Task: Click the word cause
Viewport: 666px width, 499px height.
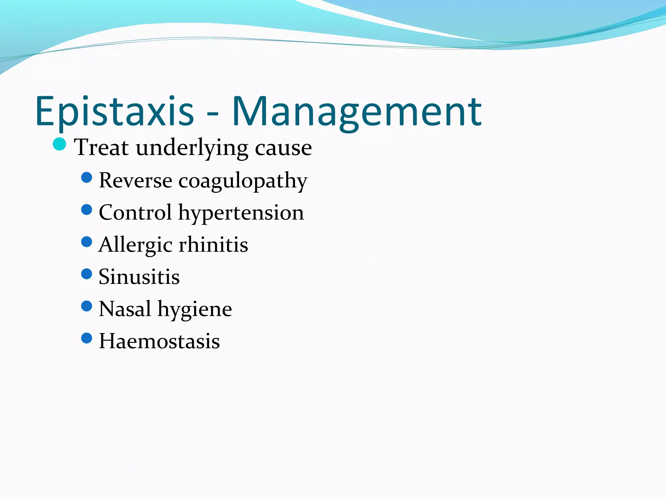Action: (x=283, y=148)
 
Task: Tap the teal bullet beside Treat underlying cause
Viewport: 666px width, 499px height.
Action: (x=60, y=144)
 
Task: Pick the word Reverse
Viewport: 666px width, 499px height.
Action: (x=135, y=180)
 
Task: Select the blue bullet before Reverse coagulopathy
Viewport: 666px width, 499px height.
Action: (x=87, y=177)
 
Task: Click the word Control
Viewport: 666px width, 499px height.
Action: (x=135, y=212)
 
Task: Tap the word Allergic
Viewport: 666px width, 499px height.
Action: (x=135, y=245)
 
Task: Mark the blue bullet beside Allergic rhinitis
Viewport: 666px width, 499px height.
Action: (x=87, y=242)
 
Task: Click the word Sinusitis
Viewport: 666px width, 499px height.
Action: (x=139, y=277)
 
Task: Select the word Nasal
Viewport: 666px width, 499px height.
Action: (x=125, y=309)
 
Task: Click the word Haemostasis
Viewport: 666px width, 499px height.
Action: (x=159, y=341)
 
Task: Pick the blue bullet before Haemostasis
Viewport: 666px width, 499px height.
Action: (x=87, y=338)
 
